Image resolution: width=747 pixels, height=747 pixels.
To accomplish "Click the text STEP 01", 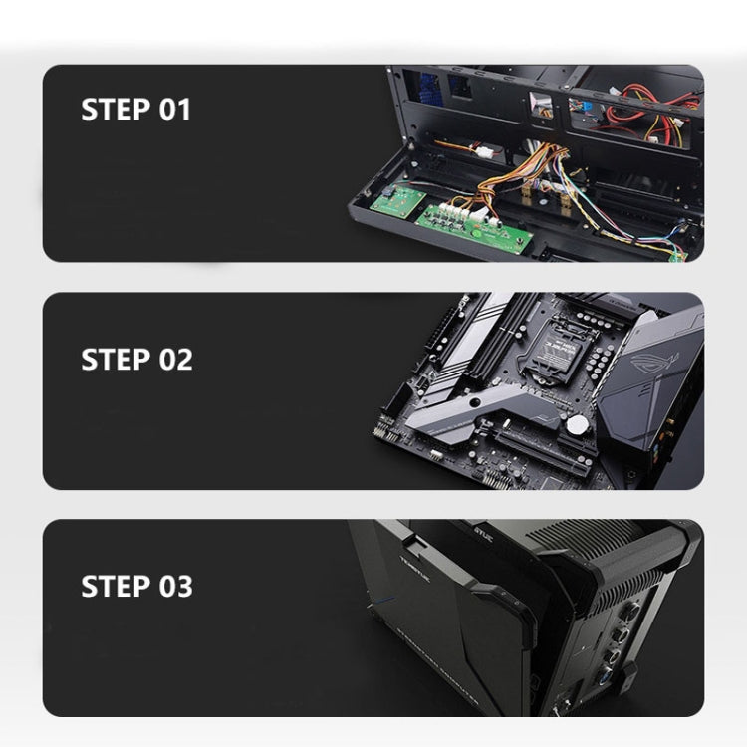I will pyautogui.click(x=134, y=109).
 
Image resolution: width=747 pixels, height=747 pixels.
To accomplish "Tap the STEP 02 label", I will pyautogui.click(x=136, y=359).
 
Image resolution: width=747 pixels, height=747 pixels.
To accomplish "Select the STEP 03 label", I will pyautogui.click(x=136, y=586).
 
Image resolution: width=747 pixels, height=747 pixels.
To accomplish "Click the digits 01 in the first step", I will pyautogui.click(x=174, y=109).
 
